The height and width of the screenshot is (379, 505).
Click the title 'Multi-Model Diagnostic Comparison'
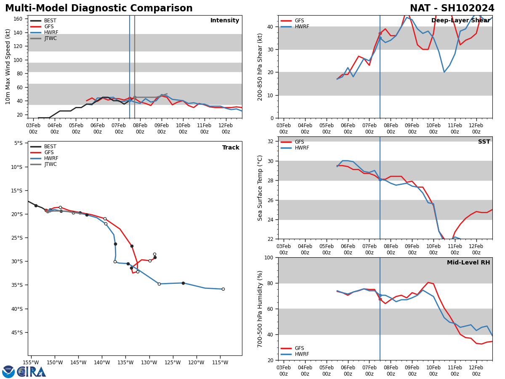click(99, 8)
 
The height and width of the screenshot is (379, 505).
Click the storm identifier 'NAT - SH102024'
click(452, 8)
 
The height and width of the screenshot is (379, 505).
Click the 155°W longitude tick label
click(31, 363)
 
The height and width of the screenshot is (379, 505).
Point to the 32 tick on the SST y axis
click(271, 141)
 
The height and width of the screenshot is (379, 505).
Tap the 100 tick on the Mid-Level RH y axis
click(268, 257)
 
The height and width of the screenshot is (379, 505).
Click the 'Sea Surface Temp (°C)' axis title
click(260, 188)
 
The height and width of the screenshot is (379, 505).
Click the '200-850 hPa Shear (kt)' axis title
click(260, 67)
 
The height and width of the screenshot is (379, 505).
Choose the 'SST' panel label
click(484, 142)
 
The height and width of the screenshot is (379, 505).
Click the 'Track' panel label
click(231, 148)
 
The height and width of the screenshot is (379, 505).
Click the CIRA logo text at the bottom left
click(32, 372)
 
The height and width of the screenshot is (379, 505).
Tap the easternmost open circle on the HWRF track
click(223, 289)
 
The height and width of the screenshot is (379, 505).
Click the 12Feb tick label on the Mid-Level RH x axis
click(476, 371)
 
